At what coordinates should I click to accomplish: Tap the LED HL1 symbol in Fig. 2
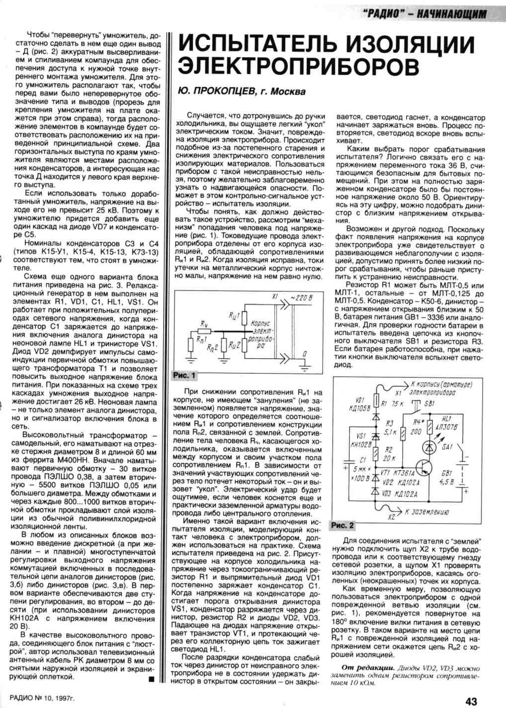click(x=431, y=431)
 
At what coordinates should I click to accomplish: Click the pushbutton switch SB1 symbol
click(x=415, y=409)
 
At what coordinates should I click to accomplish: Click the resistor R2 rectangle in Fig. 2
click(x=376, y=453)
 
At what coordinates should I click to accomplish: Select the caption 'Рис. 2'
click(x=342, y=525)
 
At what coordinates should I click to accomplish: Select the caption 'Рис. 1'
click(x=184, y=375)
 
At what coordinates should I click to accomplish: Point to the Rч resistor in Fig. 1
click(x=204, y=330)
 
